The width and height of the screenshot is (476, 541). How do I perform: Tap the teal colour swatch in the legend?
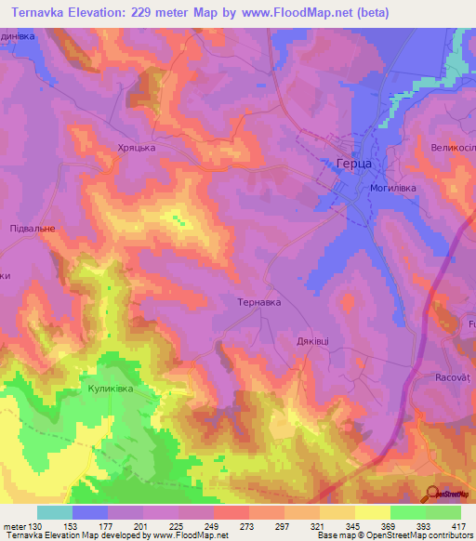pos(55,512)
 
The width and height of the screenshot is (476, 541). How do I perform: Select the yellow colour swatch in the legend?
pos(373,512)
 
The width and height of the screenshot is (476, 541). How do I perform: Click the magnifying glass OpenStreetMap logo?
pos(432,494)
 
